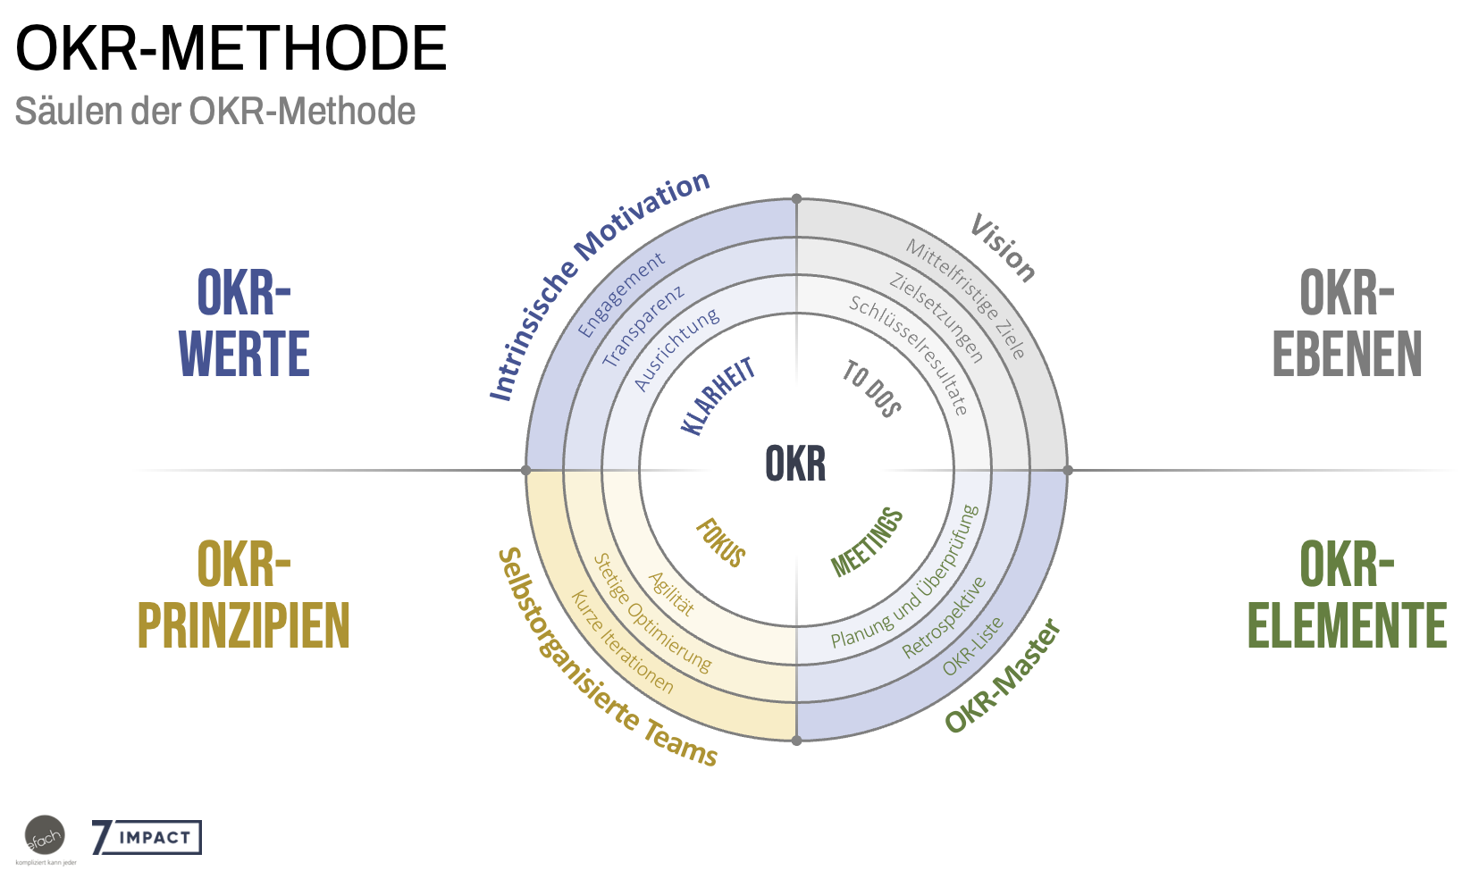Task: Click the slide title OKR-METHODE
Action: coord(231,49)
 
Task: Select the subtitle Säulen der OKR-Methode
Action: coord(215,112)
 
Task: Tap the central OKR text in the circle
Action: coord(795,465)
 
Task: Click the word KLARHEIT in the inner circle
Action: coord(718,396)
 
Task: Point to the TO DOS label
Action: coord(871,389)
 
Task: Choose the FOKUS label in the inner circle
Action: coord(720,543)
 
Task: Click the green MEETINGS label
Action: coord(867,542)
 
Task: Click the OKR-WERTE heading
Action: coord(244,323)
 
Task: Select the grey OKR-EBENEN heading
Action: coord(1347,323)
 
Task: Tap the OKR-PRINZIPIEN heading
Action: coord(243,595)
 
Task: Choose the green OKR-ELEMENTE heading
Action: coord(1347,595)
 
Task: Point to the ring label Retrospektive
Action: coord(944,617)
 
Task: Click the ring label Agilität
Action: coord(671,594)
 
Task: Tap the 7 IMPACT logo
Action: coord(147,838)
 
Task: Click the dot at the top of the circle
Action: coord(796,199)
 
